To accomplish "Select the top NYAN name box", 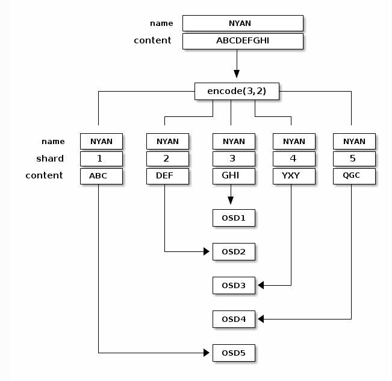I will pos(242,23).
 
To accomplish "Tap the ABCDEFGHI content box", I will pos(242,40).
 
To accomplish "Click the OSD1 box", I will pos(233,218).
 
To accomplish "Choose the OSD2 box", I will pos(233,251).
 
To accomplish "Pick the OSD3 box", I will pos(233,285).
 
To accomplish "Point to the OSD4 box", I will pos(233,319).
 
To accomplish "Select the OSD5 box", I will pos(233,353).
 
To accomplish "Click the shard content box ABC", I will pos(101,175).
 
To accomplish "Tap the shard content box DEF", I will pos(167,175).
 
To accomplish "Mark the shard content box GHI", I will pos(234,175).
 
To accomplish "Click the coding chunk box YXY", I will pos(294,175).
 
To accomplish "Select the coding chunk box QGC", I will pos(354,175).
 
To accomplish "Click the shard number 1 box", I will pos(101,159).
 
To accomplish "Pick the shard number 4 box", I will pos(294,159).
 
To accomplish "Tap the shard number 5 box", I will pos(354,159).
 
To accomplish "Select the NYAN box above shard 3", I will pos(234,142).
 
